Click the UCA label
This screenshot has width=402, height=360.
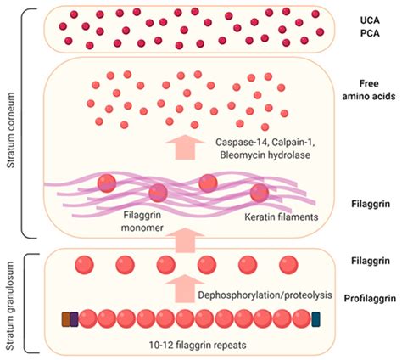357,18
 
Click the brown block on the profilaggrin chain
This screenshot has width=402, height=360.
66,319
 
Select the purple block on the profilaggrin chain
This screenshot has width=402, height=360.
75,319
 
